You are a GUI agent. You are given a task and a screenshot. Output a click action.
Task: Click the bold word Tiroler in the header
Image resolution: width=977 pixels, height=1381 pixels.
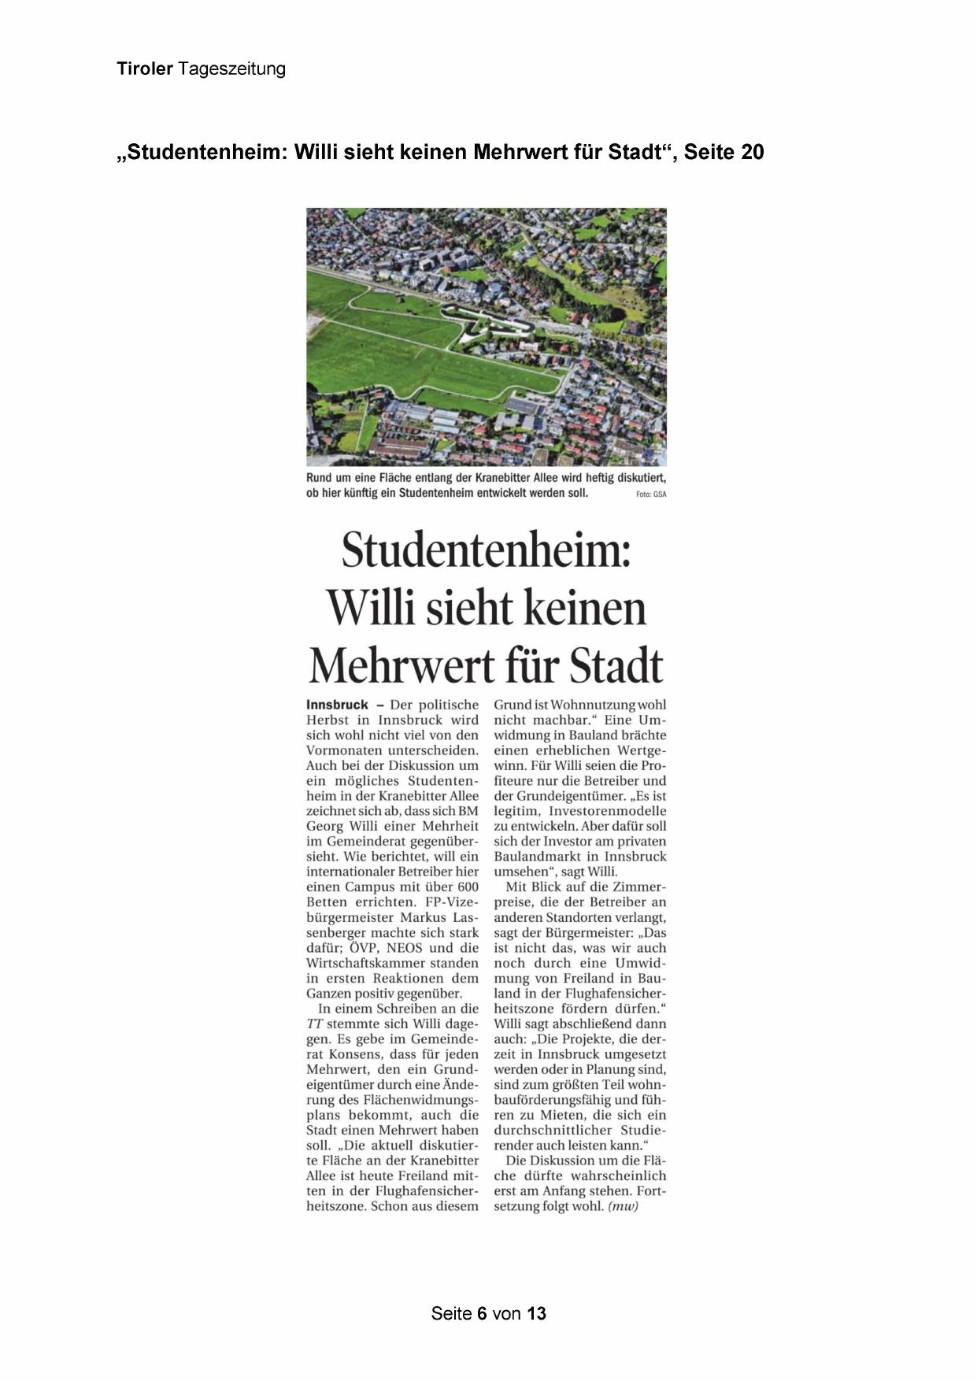tap(145, 69)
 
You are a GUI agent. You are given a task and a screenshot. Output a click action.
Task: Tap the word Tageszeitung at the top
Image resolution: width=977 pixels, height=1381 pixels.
tap(231, 69)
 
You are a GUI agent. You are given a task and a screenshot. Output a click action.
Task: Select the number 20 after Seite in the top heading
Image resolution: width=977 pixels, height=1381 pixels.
tap(752, 153)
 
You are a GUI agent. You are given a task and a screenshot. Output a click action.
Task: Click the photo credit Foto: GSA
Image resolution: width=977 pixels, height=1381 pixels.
tap(651, 494)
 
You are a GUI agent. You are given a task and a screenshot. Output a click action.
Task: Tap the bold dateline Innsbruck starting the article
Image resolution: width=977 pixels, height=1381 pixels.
tap(337, 705)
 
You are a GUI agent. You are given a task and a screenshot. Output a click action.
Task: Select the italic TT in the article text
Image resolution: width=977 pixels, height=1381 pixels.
tap(314, 1024)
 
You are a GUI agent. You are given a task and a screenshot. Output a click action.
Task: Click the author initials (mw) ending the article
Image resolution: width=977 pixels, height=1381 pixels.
tap(623, 1206)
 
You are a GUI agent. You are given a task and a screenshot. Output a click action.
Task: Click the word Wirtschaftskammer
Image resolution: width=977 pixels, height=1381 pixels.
tap(364, 964)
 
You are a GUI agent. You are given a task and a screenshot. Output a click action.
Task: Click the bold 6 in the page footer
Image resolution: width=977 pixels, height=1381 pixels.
tap(482, 1313)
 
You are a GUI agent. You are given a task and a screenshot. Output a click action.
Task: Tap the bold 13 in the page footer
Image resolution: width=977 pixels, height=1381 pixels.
tap(537, 1313)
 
